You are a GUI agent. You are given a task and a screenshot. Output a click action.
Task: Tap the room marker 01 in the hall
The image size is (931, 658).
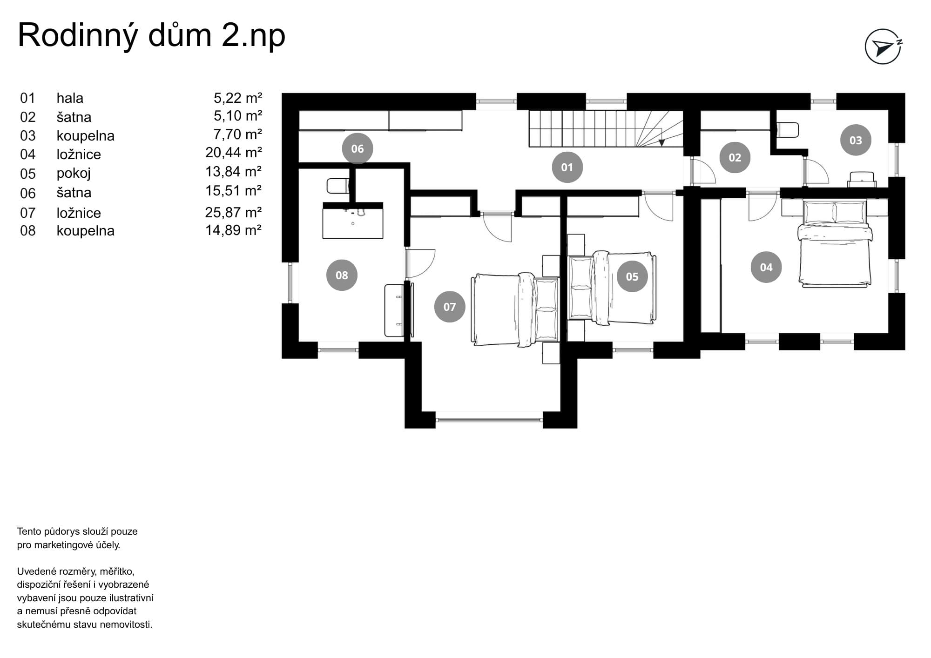567,167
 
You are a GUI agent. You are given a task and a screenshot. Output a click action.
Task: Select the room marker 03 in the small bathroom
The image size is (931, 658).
856,140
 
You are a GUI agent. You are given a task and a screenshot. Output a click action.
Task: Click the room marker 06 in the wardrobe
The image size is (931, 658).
357,148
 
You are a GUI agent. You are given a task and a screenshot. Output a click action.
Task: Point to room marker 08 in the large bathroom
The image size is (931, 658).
342,275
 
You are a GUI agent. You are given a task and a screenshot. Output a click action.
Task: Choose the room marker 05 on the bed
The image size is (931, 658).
632,276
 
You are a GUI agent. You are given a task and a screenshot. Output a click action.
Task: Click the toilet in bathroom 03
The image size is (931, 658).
788,130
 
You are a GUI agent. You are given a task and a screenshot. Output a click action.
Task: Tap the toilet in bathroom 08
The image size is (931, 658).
338,186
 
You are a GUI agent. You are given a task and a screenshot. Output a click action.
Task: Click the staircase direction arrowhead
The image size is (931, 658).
661,143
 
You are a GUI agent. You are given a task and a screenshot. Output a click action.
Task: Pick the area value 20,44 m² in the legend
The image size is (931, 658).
233,153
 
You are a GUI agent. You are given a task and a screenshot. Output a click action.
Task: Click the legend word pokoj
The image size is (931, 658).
74,173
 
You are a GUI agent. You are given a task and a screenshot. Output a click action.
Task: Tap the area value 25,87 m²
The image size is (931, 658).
233,213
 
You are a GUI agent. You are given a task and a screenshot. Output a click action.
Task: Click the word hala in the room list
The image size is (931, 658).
70,98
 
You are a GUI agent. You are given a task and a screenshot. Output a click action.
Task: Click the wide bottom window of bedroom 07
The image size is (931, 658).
489,420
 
